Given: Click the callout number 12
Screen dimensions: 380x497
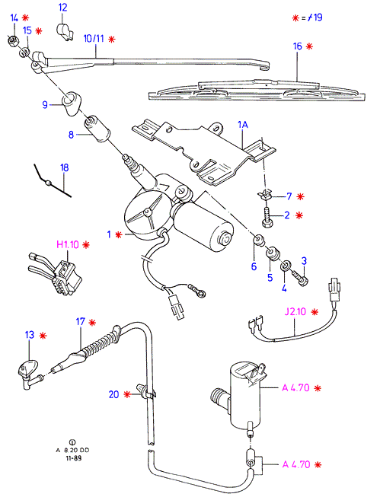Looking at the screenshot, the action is (62, 8).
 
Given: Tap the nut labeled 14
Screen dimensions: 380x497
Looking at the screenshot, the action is (13, 40).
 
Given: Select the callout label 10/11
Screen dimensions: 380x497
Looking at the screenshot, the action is (94, 39).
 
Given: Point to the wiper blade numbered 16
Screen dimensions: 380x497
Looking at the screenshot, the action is (257, 90).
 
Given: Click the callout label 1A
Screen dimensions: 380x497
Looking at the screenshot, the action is (243, 125).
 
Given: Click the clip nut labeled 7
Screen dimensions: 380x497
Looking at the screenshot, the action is (265, 193).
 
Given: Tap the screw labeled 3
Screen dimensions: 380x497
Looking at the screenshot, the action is (300, 278).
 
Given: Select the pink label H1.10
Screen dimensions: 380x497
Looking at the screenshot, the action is (68, 245).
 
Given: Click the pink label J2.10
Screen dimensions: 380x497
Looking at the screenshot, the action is (295, 311).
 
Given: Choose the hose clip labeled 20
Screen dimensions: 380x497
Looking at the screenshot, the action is (145, 391).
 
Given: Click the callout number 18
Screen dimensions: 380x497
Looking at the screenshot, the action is (65, 167).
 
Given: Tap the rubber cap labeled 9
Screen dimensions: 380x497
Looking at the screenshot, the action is (71, 104).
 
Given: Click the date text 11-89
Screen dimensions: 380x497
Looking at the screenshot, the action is (74, 458).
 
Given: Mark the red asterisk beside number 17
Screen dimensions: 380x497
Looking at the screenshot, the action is (92, 323).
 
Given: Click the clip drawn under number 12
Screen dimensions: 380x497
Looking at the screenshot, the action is (65, 32).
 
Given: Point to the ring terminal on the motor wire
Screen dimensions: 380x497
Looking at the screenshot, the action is (196, 292).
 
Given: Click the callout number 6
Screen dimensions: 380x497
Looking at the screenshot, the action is (254, 266).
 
